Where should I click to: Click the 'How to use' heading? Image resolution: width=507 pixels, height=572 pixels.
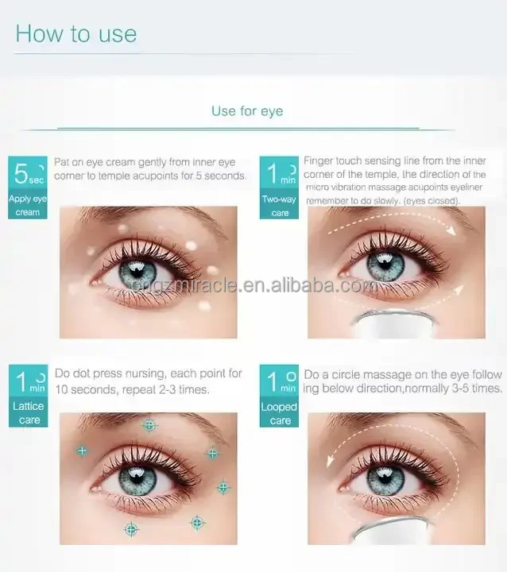click(x=76, y=33)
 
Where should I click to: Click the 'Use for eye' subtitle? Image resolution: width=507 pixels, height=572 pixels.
click(x=247, y=110)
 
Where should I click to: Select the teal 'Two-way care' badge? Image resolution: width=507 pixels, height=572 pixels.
click(x=280, y=188)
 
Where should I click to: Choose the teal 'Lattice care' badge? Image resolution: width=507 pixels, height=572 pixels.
click(x=29, y=396)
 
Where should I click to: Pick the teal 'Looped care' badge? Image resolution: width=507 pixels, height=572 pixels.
click(x=280, y=396)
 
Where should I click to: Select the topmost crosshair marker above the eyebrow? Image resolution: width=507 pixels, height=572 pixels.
click(x=149, y=425)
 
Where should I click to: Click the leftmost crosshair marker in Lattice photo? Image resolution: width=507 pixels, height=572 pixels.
click(x=81, y=450)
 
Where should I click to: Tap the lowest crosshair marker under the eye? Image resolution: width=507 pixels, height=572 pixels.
click(x=130, y=529)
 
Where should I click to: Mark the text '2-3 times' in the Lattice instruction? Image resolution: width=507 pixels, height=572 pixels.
click(x=184, y=389)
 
